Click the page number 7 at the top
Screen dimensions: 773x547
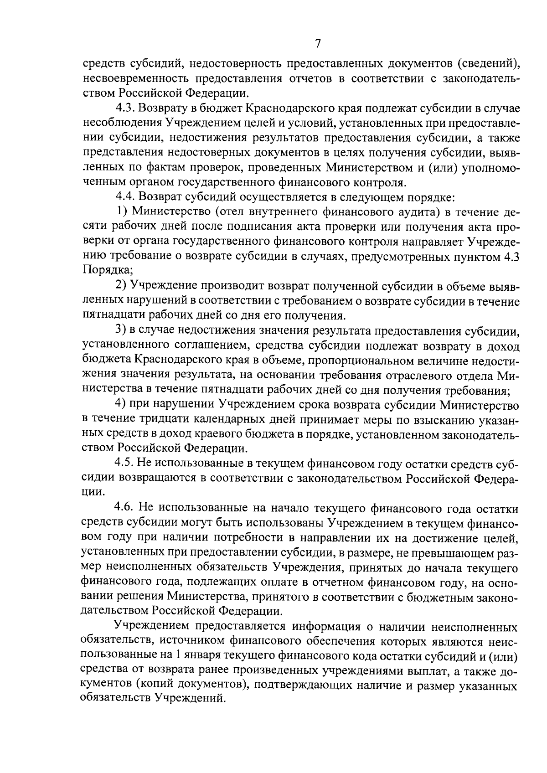coord(318,44)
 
